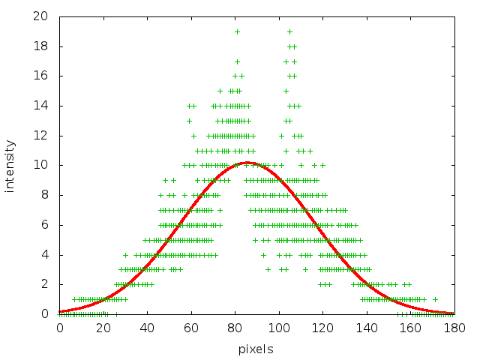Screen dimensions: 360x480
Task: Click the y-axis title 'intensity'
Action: [x=10, y=165]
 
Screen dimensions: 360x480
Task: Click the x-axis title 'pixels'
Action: [x=256, y=349]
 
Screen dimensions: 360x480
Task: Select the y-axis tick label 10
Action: [x=45, y=165]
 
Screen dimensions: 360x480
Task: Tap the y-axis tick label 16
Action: [x=45, y=76]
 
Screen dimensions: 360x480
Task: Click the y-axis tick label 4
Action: [x=48, y=254]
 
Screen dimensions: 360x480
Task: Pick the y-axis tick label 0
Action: [x=48, y=314]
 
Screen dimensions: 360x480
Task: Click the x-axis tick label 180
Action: [x=453, y=328]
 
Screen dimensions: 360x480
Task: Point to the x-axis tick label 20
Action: [x=103, y=328]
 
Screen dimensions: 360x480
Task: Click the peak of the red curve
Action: [x=248, y=163]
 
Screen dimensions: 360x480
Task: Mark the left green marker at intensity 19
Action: [x=237, y=31]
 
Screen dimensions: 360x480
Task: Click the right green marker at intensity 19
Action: [x=289, y=31]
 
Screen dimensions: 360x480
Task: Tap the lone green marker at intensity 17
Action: [x=237, y=61]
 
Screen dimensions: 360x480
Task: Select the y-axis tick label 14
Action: [x=45, y=106]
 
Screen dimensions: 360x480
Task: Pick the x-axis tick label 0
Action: [x=59, y=328]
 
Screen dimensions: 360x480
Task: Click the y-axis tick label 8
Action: [x=48, y=195]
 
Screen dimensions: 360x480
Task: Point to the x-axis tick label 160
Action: [x=409, y=328]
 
